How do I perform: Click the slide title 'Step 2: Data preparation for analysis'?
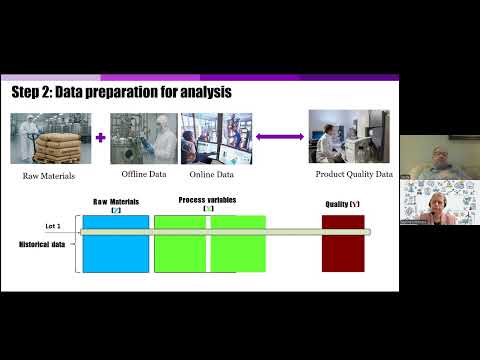point(121,93)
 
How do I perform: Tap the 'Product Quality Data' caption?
point(354,175)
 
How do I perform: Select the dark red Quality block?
point(342,243)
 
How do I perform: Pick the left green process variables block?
point(179,243)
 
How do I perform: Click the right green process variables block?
point(238,243)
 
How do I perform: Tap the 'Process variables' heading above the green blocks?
point(208,200)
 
